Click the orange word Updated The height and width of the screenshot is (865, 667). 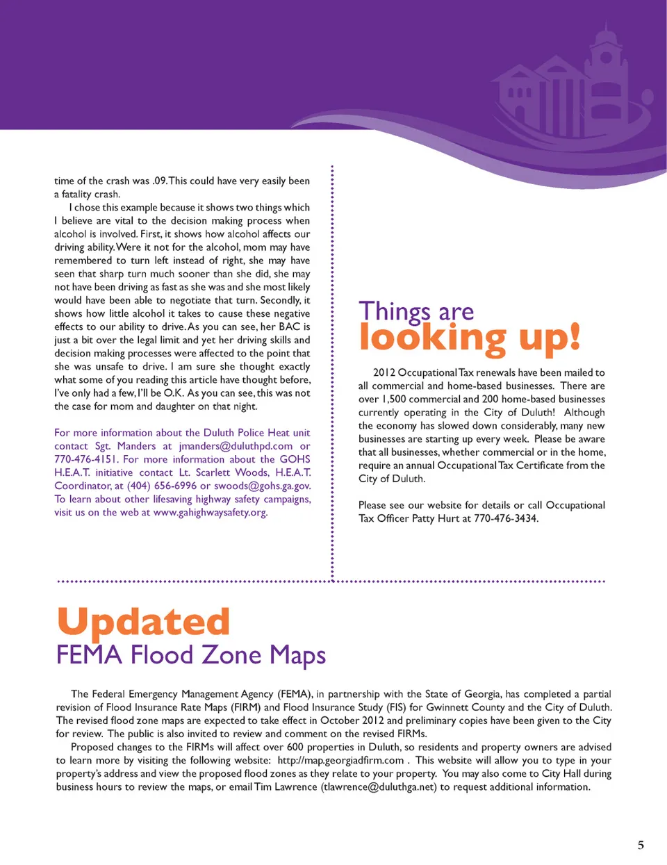[x=143, y=622]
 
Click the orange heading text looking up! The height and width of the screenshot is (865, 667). [x=469, y=338]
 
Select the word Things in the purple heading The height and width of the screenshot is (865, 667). [x=395, y=312]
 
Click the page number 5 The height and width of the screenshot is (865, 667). [x=641, y=845]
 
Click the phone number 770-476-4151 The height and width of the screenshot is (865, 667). [x=86, y=459]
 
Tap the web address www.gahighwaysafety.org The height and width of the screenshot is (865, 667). [x=210, y=513]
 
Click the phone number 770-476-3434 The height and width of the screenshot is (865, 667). [x=506, y=518]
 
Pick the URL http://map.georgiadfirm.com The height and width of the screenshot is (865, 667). [x=340, y=760]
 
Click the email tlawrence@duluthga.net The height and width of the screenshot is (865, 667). [x=379, y=787]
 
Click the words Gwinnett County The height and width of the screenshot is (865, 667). [x=466, y=707]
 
